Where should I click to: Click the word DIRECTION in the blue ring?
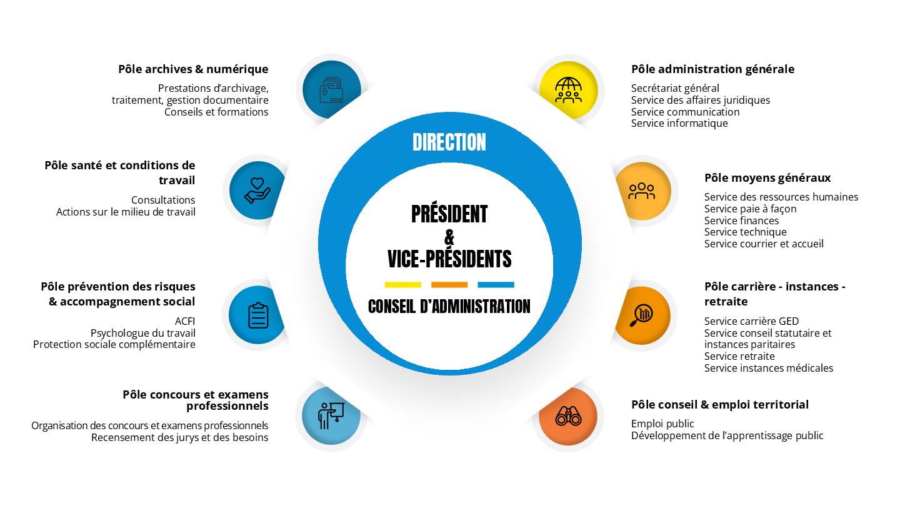[x=449, y=142]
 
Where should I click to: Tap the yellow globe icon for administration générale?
[x=568, y=90]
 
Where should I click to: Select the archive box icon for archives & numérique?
[x=331, y=90]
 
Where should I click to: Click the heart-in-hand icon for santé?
[x=257, y=190]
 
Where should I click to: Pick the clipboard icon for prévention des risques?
[x=257, y=315]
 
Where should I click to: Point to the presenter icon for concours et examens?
[x=331, y=415]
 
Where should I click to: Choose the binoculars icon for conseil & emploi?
[x=568, y=416]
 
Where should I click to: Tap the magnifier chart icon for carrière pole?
[x=642, y=315]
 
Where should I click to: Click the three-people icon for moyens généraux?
[x=642, y=191]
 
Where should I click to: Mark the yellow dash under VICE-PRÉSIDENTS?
[x=402, y=285]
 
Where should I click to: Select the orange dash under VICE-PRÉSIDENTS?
[x=449, y=285]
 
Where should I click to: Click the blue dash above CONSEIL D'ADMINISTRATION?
[x=496, y=285]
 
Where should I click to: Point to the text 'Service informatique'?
[x=679, y=124]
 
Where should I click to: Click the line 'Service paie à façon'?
[x=750, y=209]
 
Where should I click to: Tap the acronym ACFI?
[x=185, y=321]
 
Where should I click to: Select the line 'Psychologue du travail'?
[x=143, y=333]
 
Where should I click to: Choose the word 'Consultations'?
[x=163, y=201]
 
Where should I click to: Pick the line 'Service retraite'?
[x=739, y=357]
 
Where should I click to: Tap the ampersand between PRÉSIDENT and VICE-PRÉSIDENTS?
[x=449, y=237]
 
